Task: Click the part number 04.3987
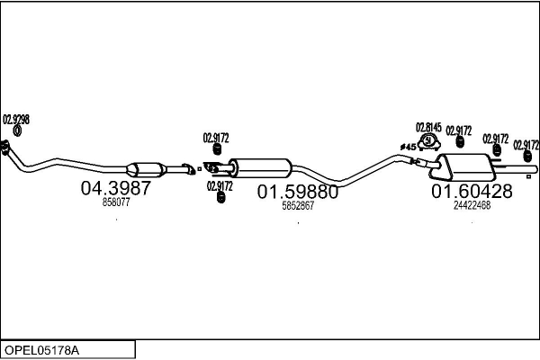click(x=116, y=189)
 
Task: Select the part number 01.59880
click(x=298, y=192)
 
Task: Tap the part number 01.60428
click(x=472, y=191)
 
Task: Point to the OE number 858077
click(x=116, y=203)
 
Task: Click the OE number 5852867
click(x=298, y=205)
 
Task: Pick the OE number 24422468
click(x=472, y=204)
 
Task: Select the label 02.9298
click(x=16, y=119)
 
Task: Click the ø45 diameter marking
click(x=408, y=147)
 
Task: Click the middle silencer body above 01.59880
click(x=260, y=167)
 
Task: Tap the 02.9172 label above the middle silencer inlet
click(x=216, y=138)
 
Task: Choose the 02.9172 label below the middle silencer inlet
click(x=220, y=185)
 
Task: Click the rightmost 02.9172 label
click(x=526, y=144)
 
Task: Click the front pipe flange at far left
click(x=6, y=146)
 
